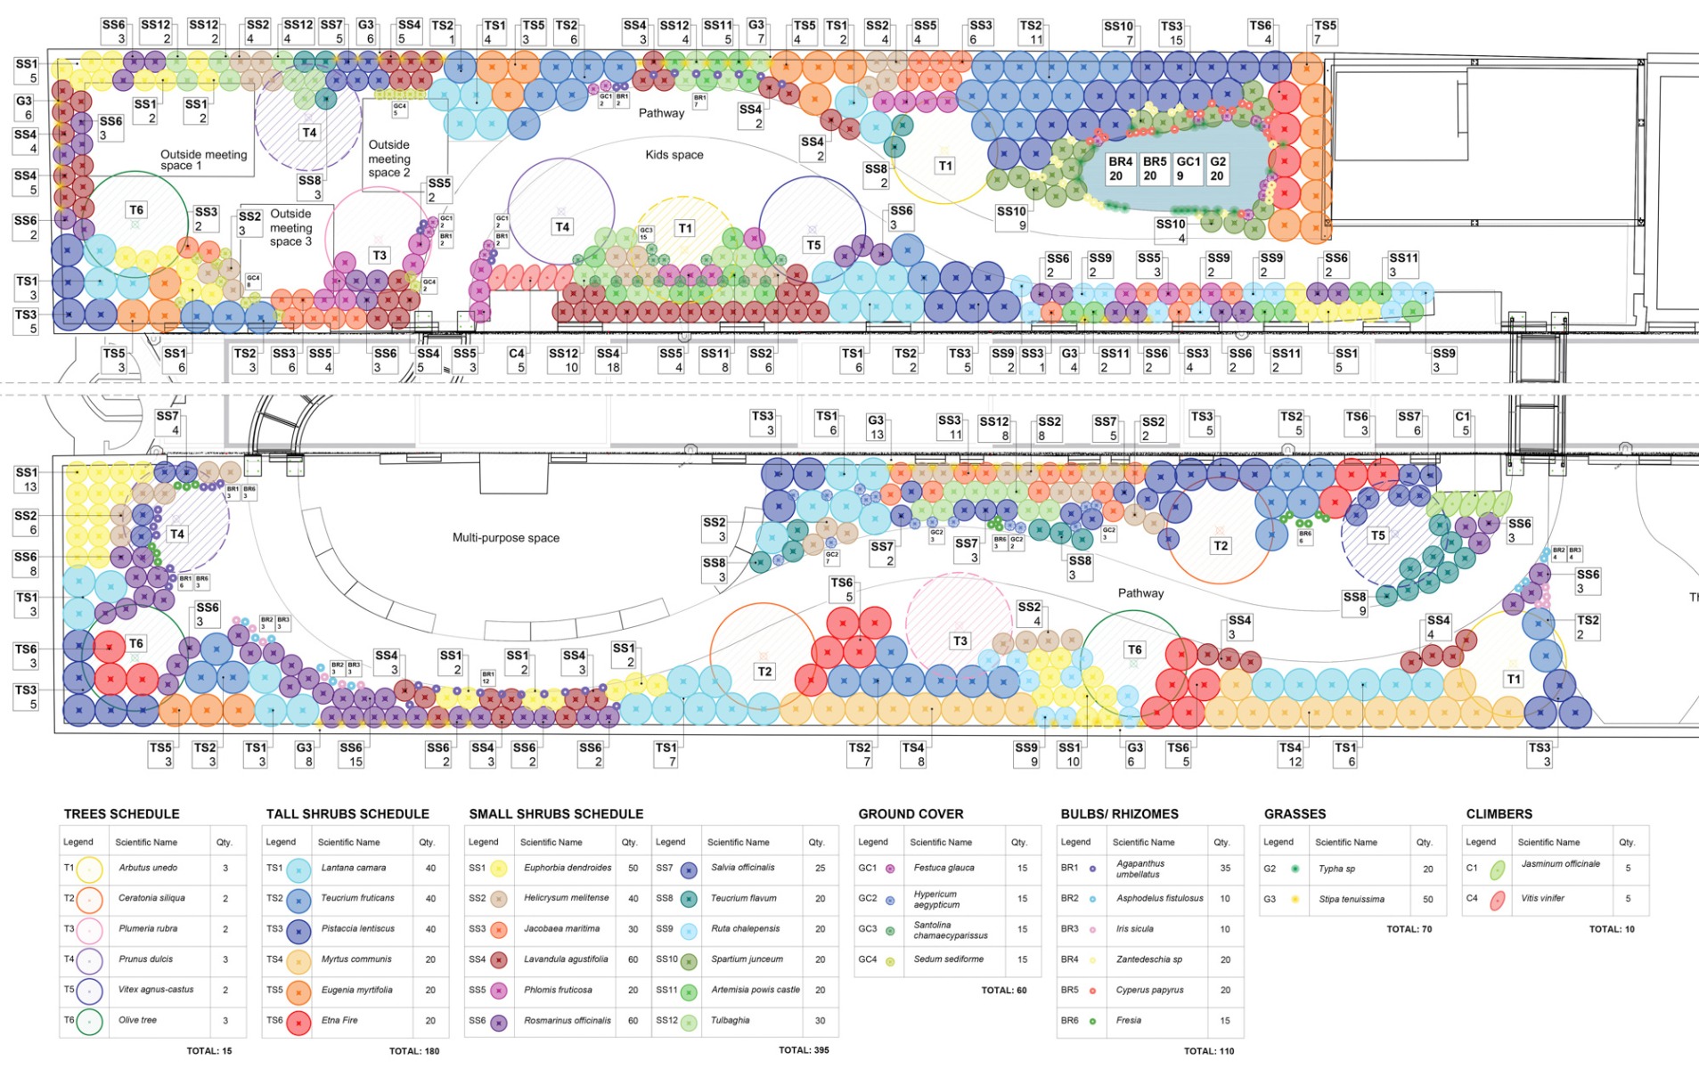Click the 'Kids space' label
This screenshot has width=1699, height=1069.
pyautogui.click(x=674, y=155)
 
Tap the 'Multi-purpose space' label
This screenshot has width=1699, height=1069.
pyautogui.click(x=505, y=538)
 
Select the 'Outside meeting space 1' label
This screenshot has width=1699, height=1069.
pyautogui.click(x=203, y=159)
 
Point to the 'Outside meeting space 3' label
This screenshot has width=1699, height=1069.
pyautogui.click(x=290, y=227)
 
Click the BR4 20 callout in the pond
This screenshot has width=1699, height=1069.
pyautogui.click(x=1120, y=168)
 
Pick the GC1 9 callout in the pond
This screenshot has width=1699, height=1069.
pyautogui.click(x=1188, y=168)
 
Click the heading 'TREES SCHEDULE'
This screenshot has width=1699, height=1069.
pyautogui.click(x=121, y=814)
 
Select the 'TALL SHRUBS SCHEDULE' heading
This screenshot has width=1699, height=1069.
pyautogui.click(x=347, y=814)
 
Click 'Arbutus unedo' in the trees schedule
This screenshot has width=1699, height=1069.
pyautogui.click(x=148, y=868)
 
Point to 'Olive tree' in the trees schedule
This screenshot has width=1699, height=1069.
pyautogui.click(x=137, y=1020)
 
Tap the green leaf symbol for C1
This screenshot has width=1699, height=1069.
pyautogui.click(x=1498, y=869)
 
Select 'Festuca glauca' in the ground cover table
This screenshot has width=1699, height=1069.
pyautogui.click(x=943, y=868)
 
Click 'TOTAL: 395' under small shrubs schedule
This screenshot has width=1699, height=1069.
pyautogui.click(x=804, y=1050)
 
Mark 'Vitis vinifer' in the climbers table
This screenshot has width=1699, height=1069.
pyautogui.click(x=1542, y=898)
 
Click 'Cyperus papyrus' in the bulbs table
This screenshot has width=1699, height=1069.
pyautogui.click(x=1149, y=990)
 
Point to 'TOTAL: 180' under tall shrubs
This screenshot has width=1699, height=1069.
pyautogui.click(x=414, y=1051)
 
